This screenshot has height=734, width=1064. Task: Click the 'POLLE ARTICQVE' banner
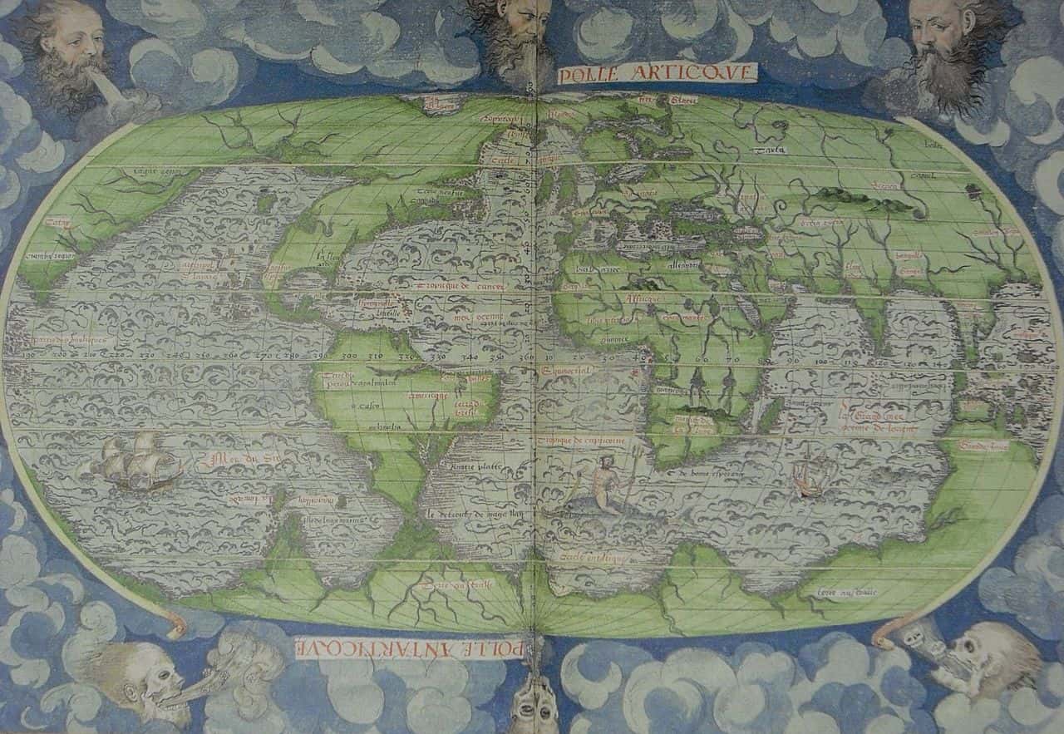click(x=658, y=73)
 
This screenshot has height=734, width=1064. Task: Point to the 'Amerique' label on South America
click(x=433, y=396)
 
